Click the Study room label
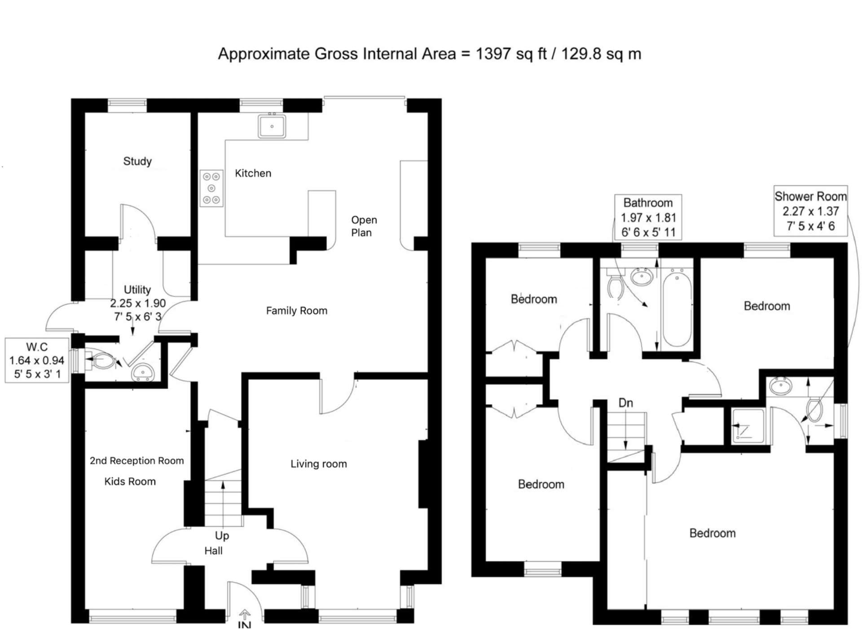[137, 161]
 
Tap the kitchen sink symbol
[272, 126]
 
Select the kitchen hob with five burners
[211, 189]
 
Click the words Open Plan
[364, 226]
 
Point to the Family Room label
[296, 311]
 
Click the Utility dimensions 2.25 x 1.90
[138, 303]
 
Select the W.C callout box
[37, 360]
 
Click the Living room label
[318, 464]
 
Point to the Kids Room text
[130, 481]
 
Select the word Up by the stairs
[222, 536]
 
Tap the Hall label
[213, 551]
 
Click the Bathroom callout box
[648, 217]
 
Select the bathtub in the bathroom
[677, 308]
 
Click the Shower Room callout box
[810, 211]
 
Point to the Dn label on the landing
[625, 403]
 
